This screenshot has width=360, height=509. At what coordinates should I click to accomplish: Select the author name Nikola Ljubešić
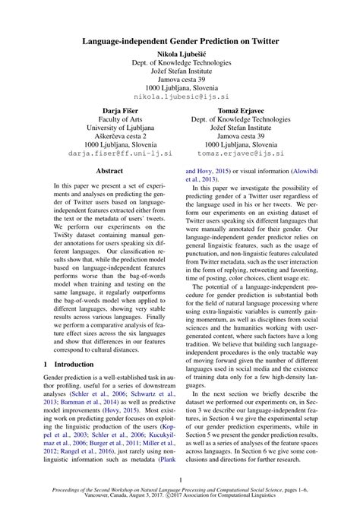point(180,55)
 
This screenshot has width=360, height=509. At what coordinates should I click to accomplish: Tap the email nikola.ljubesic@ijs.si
point(180,98)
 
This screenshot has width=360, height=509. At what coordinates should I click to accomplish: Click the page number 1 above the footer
point(180,479)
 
